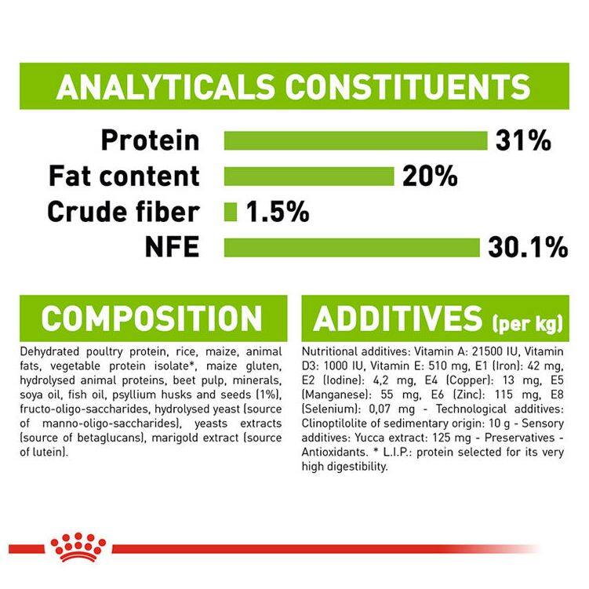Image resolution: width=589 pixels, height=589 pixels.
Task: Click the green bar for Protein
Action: (x=355, y=141)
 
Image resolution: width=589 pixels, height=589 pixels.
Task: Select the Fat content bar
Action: (x=309, y=176)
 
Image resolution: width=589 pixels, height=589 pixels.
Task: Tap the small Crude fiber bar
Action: (x=231, y=212)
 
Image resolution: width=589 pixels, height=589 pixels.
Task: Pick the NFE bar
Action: (x=352, y=248)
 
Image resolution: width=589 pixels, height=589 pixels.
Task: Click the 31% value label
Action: (x=523, y=141)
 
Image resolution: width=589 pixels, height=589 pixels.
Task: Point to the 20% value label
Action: (x=430, y=176)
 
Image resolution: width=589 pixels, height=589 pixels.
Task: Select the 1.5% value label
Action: (x=278, y=212)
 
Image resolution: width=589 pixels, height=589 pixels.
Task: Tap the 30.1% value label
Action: (x=528, y=248)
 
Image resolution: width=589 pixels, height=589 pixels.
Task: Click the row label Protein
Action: (x=151, y=140)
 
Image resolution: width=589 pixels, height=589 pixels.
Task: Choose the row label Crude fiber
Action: (x=123, y=212)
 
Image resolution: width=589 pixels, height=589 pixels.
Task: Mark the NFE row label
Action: (x=172, y=247)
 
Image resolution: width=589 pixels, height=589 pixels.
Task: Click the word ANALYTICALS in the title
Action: (x=165, y=87)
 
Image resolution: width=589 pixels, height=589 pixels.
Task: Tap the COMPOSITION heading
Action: (x=151, y=318)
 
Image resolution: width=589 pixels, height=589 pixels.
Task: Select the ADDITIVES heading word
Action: (x=398, y=318)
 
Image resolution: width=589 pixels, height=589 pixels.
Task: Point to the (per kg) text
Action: (x=528, y=323)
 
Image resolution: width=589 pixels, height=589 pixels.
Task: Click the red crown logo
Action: (x=78, y=547)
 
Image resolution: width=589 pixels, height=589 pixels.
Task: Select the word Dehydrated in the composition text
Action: (x=49, y=352)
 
